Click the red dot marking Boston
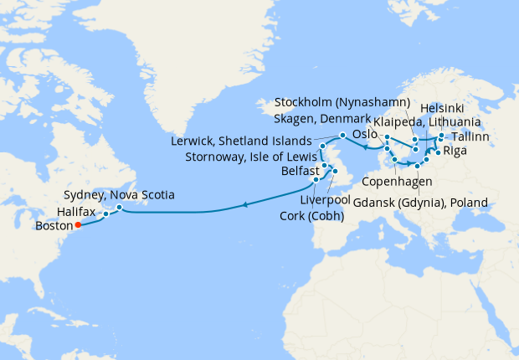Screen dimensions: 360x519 click(77, 224)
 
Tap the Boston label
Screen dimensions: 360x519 click(55, 225)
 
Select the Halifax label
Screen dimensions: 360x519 click(78, 213)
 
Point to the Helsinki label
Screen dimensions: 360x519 click(441, 108)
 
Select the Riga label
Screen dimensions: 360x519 click(455, 151)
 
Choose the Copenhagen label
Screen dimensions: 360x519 click(397, 181)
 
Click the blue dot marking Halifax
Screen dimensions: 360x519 click(106, 213)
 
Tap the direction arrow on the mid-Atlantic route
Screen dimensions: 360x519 click(244, 203)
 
